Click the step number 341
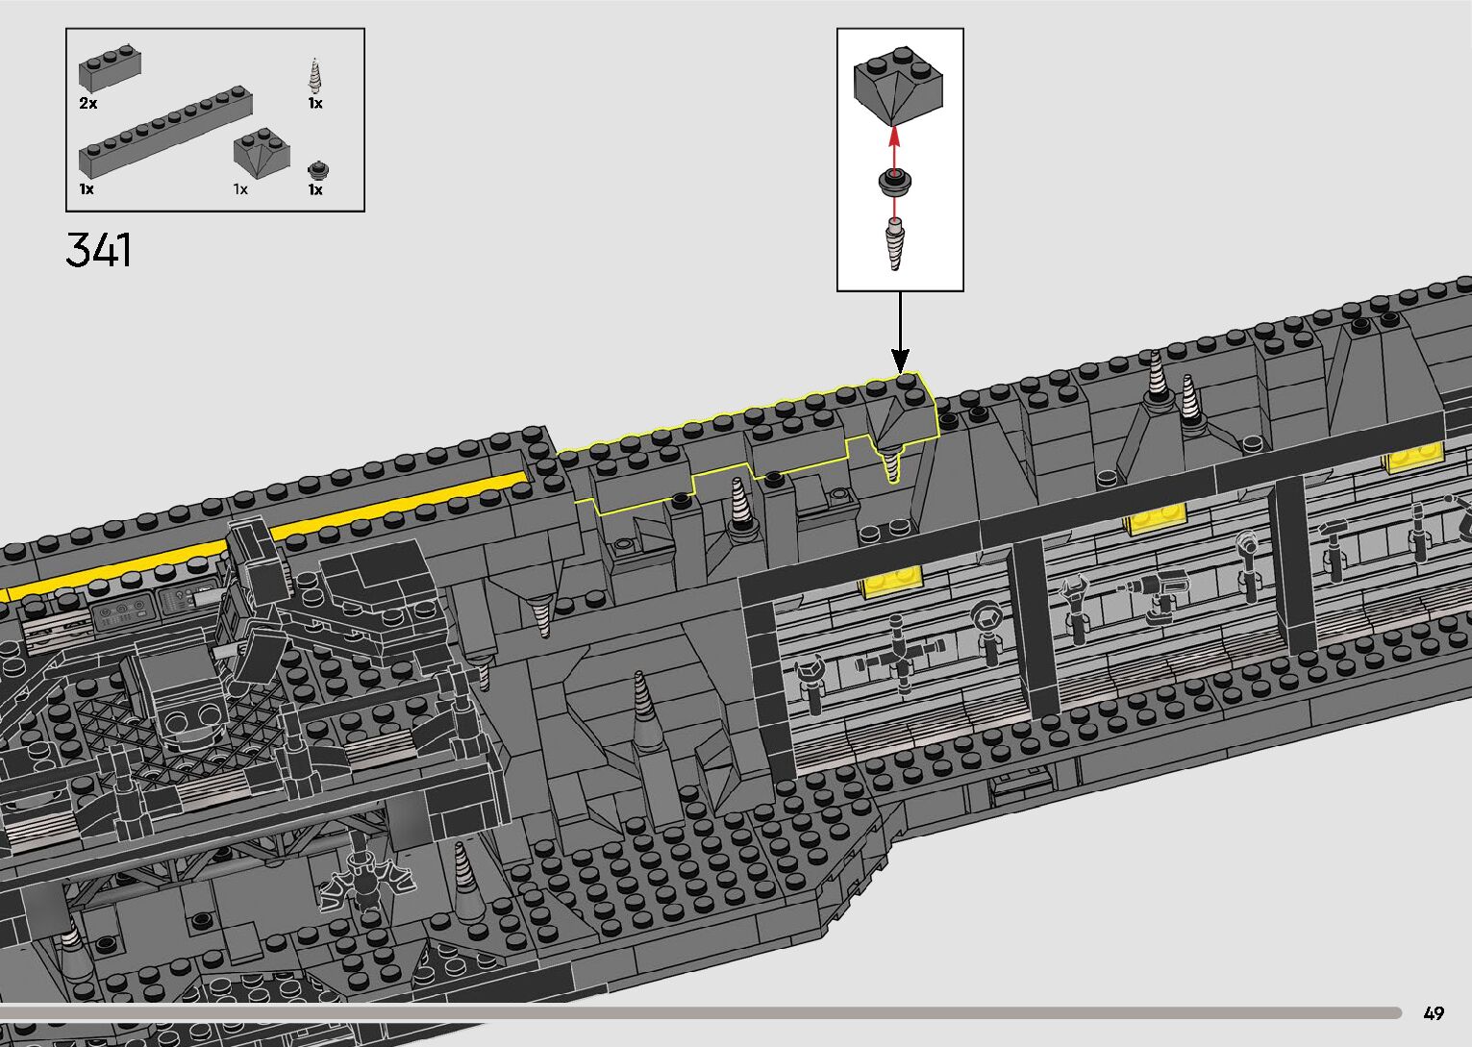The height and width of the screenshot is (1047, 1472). click(x=98, y=250)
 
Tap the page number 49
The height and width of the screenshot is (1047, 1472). click(x=1434, y=1012)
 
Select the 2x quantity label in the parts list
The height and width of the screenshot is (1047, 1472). click(x=87, y=103)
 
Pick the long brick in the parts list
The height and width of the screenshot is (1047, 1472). click(x=164, y=131)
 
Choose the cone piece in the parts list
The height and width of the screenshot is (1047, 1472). click(x=314, y=76)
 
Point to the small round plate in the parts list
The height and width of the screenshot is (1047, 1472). click(x=318, y=171)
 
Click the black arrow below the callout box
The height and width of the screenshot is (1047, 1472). click(x=900, y=332)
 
